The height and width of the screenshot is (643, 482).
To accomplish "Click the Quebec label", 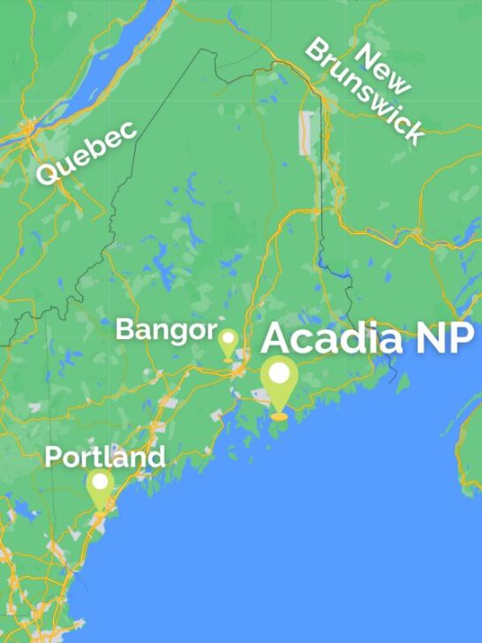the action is coord(86,153).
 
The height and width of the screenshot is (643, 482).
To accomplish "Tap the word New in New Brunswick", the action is coord(383,65).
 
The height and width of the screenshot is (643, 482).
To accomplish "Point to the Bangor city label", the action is coord(166,331).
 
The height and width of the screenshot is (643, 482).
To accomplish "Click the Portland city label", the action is coord(104,458).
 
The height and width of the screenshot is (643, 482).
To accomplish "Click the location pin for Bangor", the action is coord(228,343).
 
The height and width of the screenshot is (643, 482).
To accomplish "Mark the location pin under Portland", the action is coord(100,488).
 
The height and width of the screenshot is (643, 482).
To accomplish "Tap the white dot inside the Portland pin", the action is coord(100,481).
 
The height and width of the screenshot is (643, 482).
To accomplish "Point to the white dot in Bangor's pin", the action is coord(228,337).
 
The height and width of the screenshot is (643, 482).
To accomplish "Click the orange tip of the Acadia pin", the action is coord(279,413).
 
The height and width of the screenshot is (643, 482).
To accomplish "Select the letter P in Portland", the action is coord(52,458).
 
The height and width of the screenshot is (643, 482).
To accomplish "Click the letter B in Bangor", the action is coord(124,331).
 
